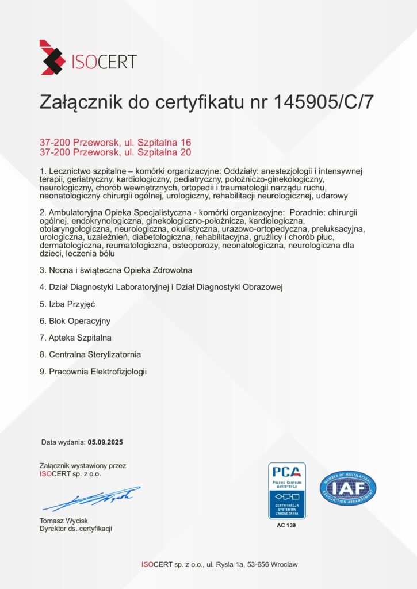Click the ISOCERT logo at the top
[x=87, y=58]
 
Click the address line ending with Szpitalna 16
[x=115, y=142]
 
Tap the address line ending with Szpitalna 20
[x=115, y=152]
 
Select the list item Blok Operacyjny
[x=75, y=320]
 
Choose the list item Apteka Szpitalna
[x=75, y=337]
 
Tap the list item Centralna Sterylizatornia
[x=90, y=354]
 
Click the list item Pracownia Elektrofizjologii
[x=93, y=372]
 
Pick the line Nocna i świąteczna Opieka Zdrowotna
[x=116, y=270]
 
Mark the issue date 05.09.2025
[x=105, y=443]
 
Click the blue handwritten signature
[x=92, y=499]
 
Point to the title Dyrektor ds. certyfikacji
[x=75, y=529]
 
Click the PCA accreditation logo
[x=287, y=489]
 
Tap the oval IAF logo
[x=348, y=489]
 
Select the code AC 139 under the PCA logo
[x=287, y=526]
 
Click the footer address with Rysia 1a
[x=220, y=564]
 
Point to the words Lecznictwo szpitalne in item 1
[x=84, y=171]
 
